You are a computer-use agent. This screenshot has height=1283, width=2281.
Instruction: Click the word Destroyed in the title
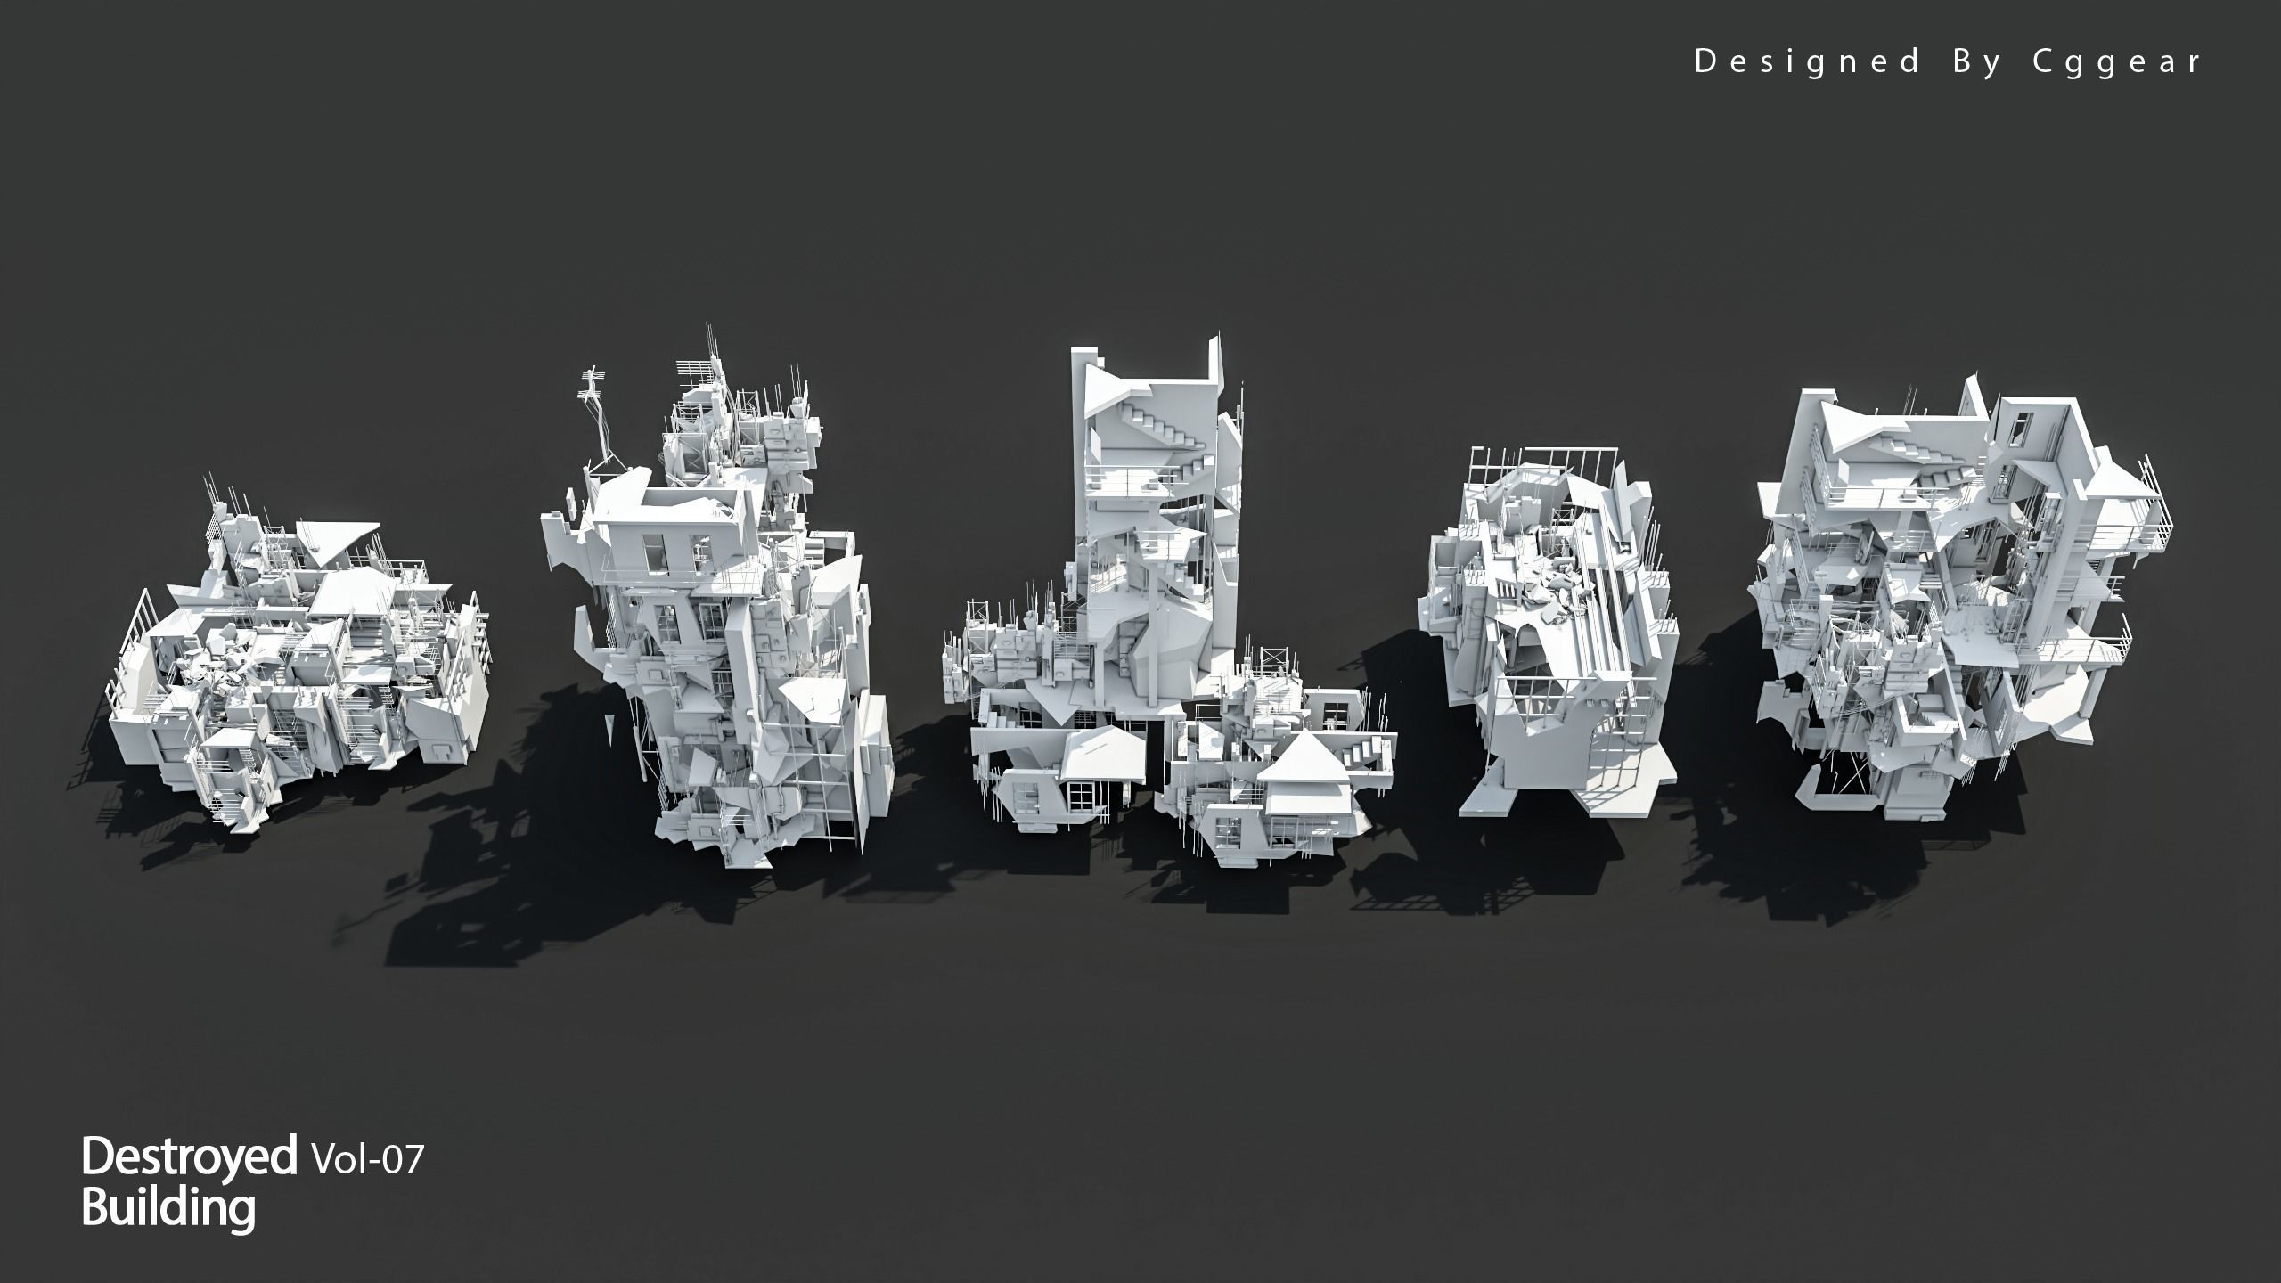(189, 1156)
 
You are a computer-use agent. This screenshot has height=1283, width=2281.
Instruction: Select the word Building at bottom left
(168, 1209)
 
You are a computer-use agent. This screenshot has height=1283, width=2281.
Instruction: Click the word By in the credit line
(1974, 61)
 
